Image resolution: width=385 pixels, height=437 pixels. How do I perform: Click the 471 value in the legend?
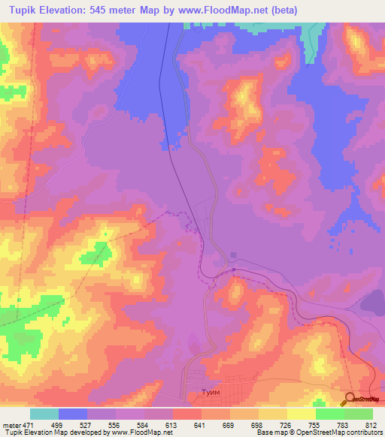29,425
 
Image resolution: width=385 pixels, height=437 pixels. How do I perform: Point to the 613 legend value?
171,425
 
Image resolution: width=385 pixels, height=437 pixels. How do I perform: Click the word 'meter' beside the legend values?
11,425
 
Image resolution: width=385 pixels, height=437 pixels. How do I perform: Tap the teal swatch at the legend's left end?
44,414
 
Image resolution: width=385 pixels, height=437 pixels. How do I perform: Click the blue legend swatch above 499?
72,414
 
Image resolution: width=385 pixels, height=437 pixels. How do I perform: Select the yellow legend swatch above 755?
301,414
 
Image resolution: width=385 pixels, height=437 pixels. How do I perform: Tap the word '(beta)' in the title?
287,11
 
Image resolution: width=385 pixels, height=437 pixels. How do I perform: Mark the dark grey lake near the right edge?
374,301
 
